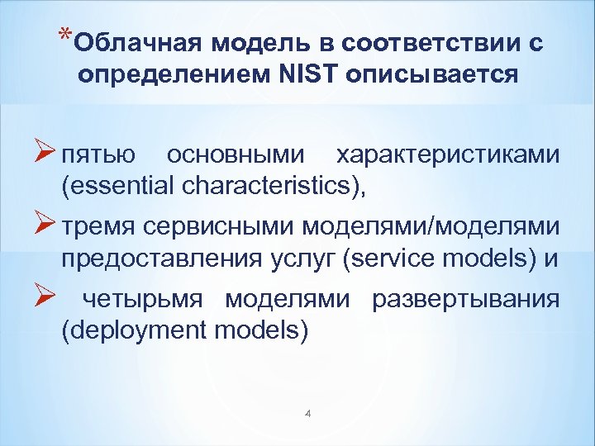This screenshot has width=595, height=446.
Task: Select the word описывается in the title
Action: coord(433,75)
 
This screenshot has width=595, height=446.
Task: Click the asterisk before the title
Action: coord(64,36)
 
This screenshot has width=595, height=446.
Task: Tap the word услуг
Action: coord(297,259)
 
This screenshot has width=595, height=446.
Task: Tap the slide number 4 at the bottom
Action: coord(307,413)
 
